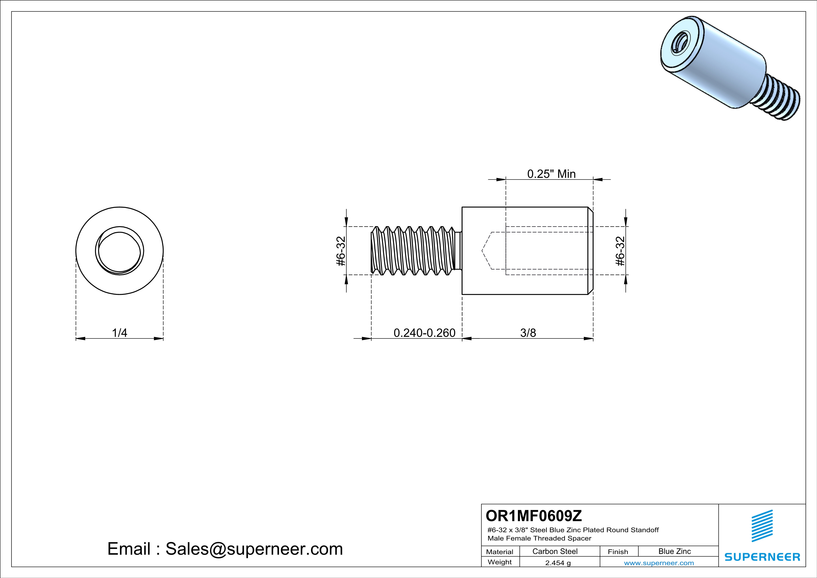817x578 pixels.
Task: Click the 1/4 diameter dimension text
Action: (x=120, y=333)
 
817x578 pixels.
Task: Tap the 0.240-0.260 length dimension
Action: (x=424, y=333)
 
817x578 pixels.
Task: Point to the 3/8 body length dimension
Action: (x=528, y=333)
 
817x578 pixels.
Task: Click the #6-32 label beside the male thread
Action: (x=341, y=251)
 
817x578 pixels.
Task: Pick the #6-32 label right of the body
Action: (x=620, y=251)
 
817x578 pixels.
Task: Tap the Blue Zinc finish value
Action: (x=675, y=551)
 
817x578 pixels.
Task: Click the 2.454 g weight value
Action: (x=558, y=563)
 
